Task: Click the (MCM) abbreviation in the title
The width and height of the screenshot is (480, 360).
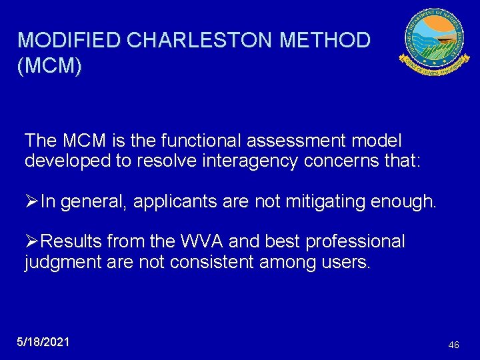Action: [50, 67]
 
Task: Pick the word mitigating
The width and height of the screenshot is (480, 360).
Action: [314, 202]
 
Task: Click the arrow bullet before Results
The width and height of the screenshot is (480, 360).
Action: [31, 241]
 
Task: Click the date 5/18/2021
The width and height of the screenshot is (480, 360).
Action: [43, 341]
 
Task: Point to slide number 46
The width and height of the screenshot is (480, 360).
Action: [453, 345]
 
